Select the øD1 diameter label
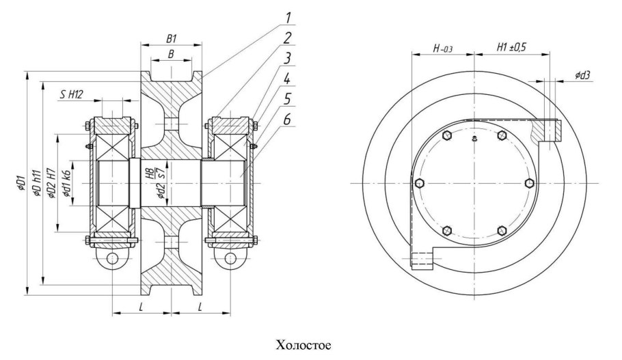click(21, 184)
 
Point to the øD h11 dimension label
click(36, 184)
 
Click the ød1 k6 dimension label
click(66, 184)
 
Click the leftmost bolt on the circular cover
click(418, 184)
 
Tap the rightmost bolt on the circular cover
click(530, 183)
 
